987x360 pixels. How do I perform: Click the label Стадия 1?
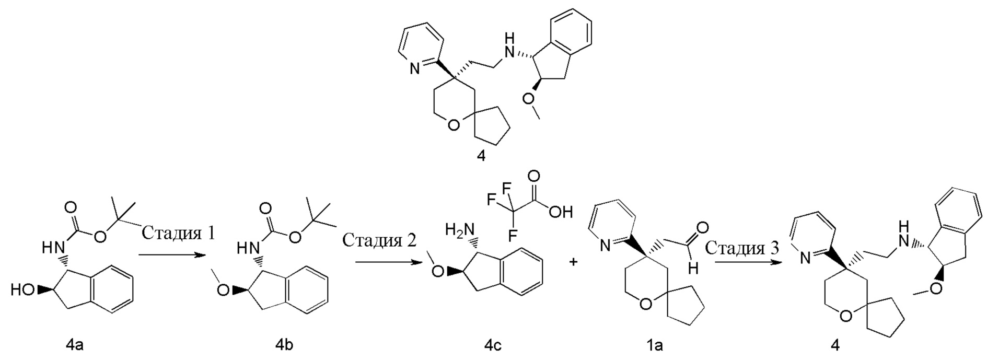(x=178, y=233)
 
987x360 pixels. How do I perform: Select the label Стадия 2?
(x=379, y=240)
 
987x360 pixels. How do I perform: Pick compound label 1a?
(x=655, y=345)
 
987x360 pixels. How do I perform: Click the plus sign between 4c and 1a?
(x=574, y=262)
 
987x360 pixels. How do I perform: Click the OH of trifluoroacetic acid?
(x=561, y=212)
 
